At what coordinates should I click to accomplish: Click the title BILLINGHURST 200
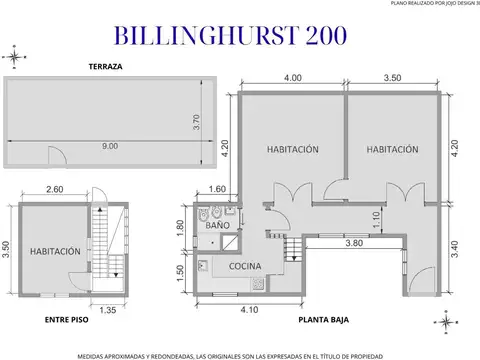click(232, 35)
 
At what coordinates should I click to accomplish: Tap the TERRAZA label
click(104, 66)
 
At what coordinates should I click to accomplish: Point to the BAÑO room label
click(218, 226)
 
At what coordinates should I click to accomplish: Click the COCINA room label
click(245, 266)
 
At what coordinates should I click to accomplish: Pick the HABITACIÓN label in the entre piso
click(54, 252)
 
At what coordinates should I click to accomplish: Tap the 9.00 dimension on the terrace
click(109, 147)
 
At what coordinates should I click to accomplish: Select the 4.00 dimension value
click(292, 78)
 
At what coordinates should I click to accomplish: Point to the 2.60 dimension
click(54, 189)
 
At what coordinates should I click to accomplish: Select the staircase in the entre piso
click(101, 245)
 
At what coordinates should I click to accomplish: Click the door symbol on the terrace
click(58, 156)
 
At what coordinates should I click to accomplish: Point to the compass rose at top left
click(14, 54)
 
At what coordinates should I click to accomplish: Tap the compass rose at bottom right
click(443, 320)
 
